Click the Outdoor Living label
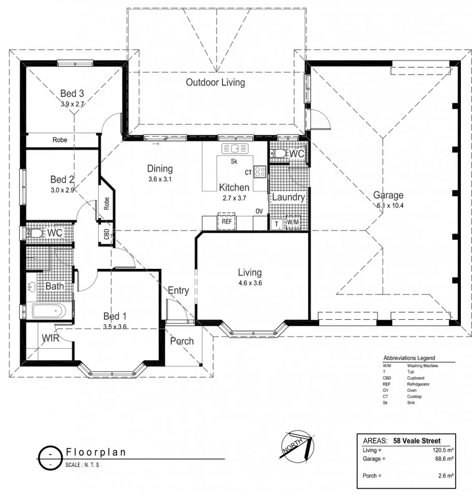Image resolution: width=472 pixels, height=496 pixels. [215, 82]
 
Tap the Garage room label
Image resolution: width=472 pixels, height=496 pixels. [388, 195]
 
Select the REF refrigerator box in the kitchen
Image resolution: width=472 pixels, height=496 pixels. [227, 222]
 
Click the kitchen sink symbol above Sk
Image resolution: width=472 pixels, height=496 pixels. [234, 148]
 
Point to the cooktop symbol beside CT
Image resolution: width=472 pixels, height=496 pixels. [260, 172]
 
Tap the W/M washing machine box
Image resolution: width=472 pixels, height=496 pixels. [293, 223]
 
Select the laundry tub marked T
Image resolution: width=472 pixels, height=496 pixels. [276, 223]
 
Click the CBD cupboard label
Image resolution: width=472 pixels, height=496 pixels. [107, 234]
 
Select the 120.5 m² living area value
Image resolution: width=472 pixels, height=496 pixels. [442, 450]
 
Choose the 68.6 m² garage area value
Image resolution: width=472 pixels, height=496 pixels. [444, 458]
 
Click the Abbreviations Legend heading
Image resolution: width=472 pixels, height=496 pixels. [409, 358]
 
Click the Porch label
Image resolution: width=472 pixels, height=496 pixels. [182, 340]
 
